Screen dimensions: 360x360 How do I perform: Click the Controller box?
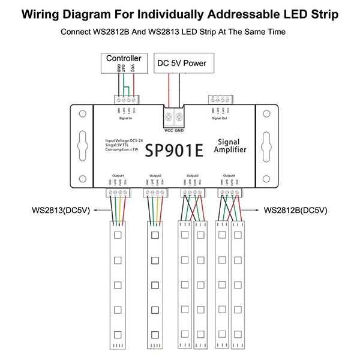pos(124,58)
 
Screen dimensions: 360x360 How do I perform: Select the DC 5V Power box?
pos(181,62)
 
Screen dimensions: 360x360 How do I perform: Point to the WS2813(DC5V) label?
pos(59,211)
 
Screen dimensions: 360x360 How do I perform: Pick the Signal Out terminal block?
pos(220,100)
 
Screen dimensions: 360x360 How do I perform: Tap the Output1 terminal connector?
pos(116,192)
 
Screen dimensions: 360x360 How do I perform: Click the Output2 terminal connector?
pos(154,192)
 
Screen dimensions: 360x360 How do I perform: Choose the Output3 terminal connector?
pos(192,192)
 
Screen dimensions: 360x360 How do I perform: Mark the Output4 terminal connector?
pos(230,192)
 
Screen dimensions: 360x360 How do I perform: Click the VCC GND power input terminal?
pos(174,115)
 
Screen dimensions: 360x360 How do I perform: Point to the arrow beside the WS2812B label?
pos(253,211)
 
